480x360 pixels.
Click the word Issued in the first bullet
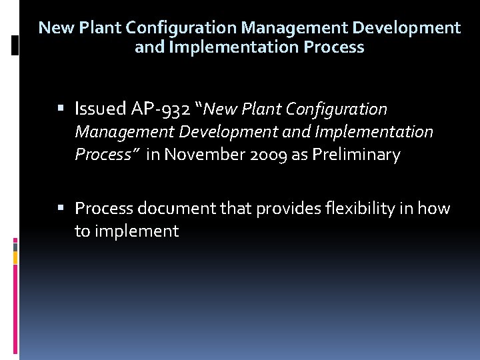pyautogui.click(x=99, y=109)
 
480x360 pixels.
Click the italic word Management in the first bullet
pyautogui.click(x=117, y=132)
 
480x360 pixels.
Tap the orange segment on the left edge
pyautogui.click(x=15, y=255)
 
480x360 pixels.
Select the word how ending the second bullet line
pyautogui.click(x=434, y=209)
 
